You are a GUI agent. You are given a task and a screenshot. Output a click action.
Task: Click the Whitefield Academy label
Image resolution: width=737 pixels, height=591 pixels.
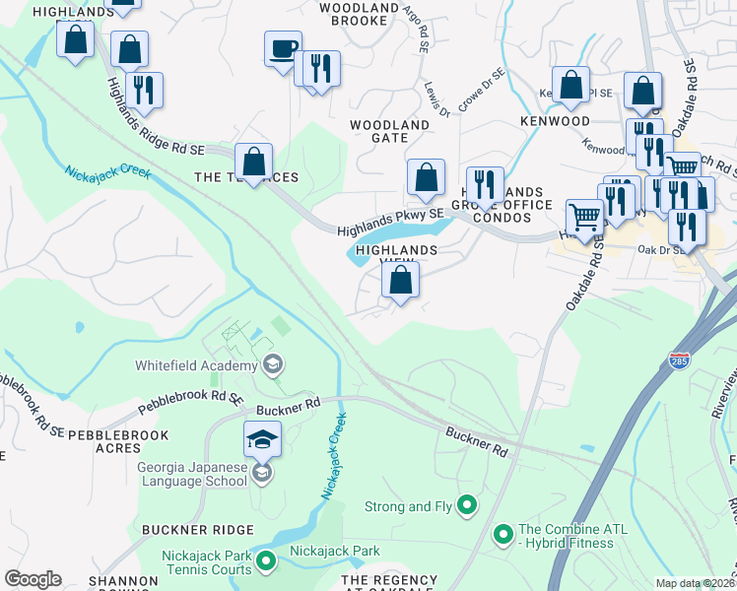point(194,365)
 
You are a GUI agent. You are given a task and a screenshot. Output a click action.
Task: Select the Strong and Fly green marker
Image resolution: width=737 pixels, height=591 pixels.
point(468,506)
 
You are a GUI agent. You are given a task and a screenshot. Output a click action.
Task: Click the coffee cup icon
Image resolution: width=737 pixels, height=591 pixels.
point(283,48)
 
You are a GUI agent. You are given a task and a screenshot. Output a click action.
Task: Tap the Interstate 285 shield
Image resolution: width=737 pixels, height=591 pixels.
point(678,361)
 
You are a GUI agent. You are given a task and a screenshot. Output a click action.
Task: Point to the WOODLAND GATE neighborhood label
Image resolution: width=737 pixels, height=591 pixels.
point(390,132)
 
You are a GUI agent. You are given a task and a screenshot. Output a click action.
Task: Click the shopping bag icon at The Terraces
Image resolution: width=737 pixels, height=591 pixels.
point(254,163)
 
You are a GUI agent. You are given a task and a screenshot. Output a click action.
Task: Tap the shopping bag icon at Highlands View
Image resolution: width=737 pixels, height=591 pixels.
point(401,281)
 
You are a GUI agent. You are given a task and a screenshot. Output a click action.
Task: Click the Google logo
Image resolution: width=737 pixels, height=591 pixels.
point(33,579)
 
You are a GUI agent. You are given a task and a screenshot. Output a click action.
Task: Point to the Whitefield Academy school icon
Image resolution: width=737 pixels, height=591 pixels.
point(272,365)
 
